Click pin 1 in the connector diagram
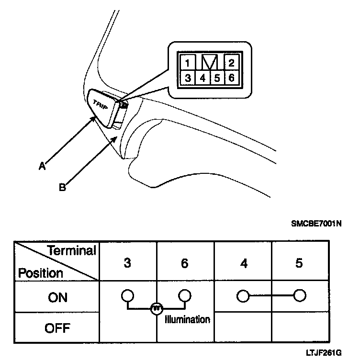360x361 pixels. [x=188, y=63]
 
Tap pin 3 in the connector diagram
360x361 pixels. [x=188, y=78]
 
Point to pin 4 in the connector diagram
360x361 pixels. [x=202, y=78]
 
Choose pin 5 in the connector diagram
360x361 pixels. [x=217, y=78]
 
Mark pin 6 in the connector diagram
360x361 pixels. [x=231, y=78]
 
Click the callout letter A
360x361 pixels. [x=42, y=166]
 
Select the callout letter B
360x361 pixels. [x=62, y=187]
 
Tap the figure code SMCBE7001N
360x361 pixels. [x=316, y=223]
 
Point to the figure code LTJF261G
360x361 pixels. [x=324, y=353]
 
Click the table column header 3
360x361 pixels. [x=127, y=263]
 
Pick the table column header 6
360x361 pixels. [x=185, y=263]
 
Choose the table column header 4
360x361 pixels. [x=244, y=263]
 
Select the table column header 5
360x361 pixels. [x=299, y=263]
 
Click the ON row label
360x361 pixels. [x=58, y=297]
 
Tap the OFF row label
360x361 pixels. [x=58, y=328]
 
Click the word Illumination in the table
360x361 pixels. [x=187, y=319]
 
